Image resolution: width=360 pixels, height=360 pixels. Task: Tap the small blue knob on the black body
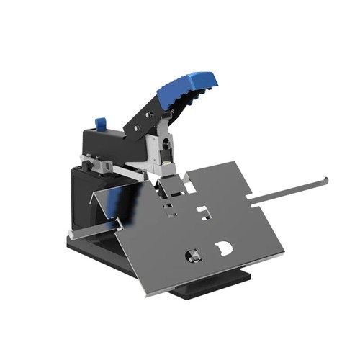tap(100, 124)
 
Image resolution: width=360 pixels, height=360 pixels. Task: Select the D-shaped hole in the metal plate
tap(223, 248)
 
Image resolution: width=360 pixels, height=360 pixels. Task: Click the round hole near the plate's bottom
tap(193, 255)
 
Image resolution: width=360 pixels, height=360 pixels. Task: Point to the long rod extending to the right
tap(288, 189)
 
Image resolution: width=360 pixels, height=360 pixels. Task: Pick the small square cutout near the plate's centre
tap(204, 212)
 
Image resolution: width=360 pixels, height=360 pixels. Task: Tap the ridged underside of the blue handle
tap(184, 101)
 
